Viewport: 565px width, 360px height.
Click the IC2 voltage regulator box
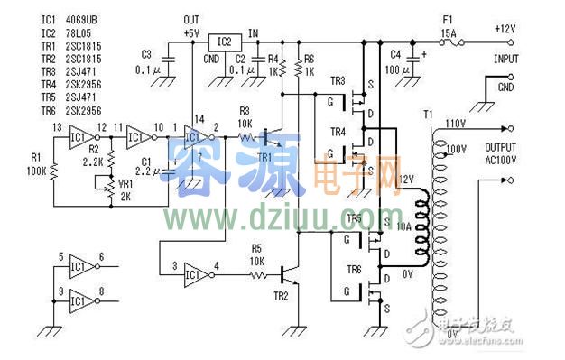(x=224, y=42)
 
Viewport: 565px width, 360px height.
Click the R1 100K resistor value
(x=36, y=169)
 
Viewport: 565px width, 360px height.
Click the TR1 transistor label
(x=264, y=157)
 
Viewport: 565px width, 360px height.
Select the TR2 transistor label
(x=281, y=295)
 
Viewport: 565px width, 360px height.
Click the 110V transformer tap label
(x=455, y=123)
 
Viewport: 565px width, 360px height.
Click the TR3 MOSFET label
(x=338, y=81)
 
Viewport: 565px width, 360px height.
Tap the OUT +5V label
(x=190, y=25)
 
